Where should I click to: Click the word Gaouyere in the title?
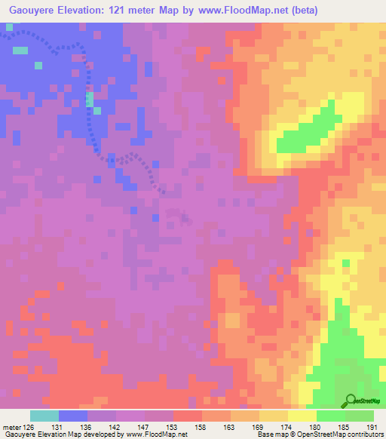[x=35, y=10]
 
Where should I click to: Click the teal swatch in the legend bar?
[x=44, y=416]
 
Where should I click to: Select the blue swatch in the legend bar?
[x=73, y=416]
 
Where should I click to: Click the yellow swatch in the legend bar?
[x=302, y=416]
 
